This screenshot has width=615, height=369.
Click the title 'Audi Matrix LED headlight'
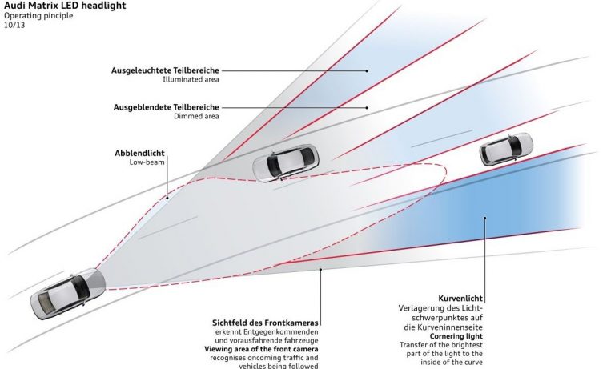pos(64,6)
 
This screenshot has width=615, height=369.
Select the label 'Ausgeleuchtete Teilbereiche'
pos(166,70)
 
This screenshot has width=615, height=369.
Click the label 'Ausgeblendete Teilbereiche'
pos(166,107)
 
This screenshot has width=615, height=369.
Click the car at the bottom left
pos(68,295)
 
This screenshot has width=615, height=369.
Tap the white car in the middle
pos(284,162)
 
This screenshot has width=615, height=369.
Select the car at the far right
pos(507,150)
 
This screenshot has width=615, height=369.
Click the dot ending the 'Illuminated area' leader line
pos(367,70)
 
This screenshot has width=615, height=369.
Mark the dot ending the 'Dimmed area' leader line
pos(367,107)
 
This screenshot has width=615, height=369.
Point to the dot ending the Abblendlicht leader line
pos(167,197)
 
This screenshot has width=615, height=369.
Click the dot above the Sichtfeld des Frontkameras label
pos(320,271)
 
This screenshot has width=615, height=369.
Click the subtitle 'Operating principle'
pos(38,15)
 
